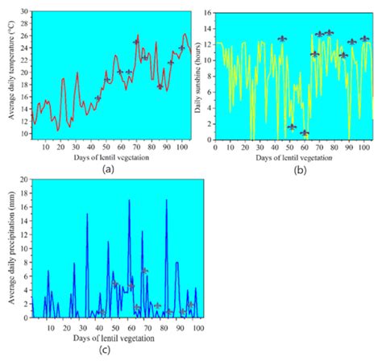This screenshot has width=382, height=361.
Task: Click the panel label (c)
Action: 106,350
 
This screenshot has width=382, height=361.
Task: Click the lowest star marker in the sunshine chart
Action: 305,133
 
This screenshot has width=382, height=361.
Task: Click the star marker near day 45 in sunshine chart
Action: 282,39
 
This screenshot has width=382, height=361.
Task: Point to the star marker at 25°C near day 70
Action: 136,42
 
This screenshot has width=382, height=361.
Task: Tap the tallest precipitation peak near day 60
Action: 129,201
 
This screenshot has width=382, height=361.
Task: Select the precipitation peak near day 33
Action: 87,214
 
